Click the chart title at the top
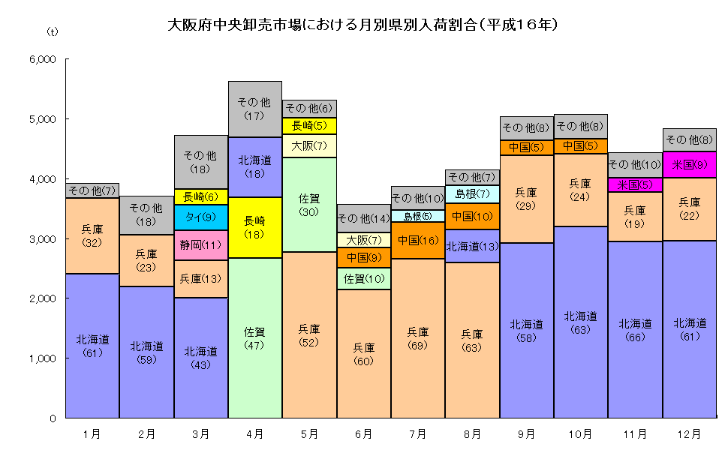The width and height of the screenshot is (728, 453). click(x=363, y=25)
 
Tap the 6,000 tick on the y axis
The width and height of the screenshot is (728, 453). click(x=41, y=59)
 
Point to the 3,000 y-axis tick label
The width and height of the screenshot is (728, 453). click(x=41, y=238)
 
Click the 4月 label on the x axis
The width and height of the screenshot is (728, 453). click(x=254, y=433)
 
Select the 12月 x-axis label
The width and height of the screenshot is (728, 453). click(x=689, y=433)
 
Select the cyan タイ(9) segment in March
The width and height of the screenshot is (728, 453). click(x=200, y=217)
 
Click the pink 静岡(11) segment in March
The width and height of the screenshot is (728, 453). click(x=200, y=245)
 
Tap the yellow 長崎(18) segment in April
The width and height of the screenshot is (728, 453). click(x=254, y=227)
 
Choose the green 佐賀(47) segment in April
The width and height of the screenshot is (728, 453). click(x=254, y=337)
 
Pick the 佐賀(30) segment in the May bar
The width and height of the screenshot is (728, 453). click(x=309, y=205)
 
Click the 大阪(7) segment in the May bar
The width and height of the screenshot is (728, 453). click(x=309, y=145)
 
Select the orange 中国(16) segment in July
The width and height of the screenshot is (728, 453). click(x=418, y=241)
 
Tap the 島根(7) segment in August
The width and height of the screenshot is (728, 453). click(x=472, y=193)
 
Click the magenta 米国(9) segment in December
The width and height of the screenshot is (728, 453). click(x=689, y=164)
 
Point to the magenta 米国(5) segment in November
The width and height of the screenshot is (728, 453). click(x=635, y=184)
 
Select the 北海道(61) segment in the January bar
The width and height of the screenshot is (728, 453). click(x=92, y=346)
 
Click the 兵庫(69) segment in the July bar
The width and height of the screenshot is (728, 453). click(x=418, y=338)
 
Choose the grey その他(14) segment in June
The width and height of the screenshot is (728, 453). click(x=363, y=218)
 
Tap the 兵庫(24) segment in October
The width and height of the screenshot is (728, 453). click(x=580, y=190)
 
